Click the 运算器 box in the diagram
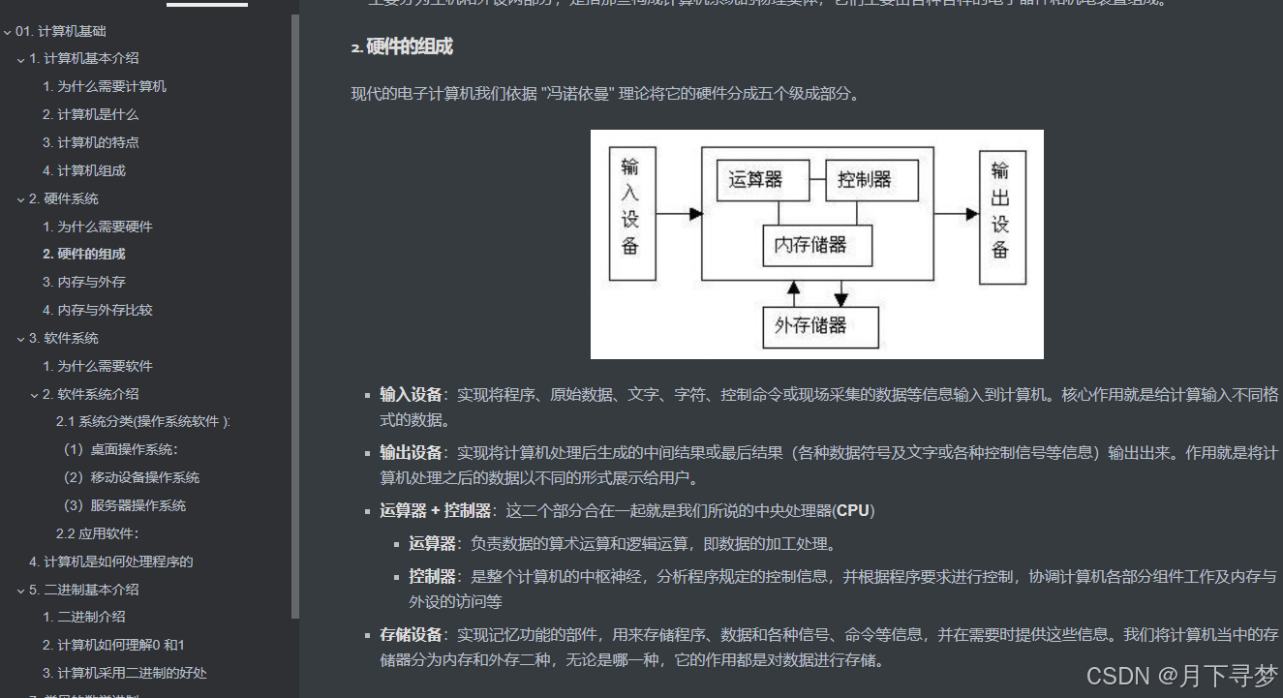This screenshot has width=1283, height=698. pyautogui.click(x=755, y=180)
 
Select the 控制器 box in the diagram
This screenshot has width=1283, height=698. pyautogui.click(x=871, y=180)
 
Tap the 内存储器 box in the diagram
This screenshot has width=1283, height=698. pyautogui.click(x=817, y=245)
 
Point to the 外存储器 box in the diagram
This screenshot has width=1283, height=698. pyautogui.click(x=820, y=326)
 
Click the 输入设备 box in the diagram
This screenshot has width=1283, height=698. pyautogui.click(x=631, y=213)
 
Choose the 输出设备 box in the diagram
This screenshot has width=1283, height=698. pyautogui.click(x=1002, y=217)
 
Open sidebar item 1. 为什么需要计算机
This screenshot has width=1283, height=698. pyautogui.click(x=104, y=86)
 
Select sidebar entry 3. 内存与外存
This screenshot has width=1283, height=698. pyautogui.click(x=83, y=282)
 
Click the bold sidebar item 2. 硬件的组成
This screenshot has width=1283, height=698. pyautogui.click(x=83, y=254)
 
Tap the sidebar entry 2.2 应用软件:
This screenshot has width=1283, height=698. pyautogui.click(x=97, y=533)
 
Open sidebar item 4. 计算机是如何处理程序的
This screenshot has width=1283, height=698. pyautogui.click(x=110, y=561)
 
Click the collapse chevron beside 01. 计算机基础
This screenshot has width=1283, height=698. pyautogui.click(x=8, y=32)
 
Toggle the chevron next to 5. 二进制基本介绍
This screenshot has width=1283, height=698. pyautogui.click(x=21, y=590)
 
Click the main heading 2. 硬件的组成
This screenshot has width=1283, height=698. pyautogui.click(x=402, y=46)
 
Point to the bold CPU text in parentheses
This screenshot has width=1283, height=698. pyautogui.click(x=853, y=510)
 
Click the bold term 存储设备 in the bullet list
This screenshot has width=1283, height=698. pyautogui.click(x=411, y=635)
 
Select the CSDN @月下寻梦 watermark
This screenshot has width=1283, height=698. pyautogui.click(x=1181, y=675)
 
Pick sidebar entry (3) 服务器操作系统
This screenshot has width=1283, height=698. pyautogui.click(x=124, y=505)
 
